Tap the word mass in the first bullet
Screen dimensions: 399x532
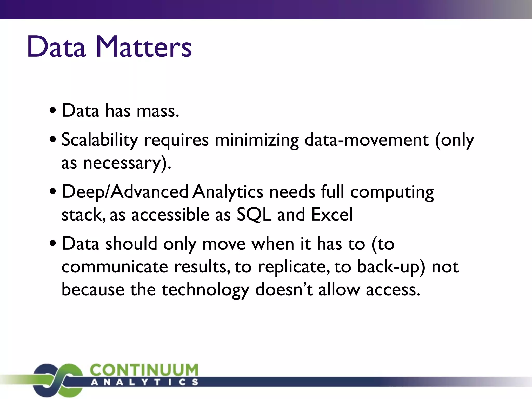tap(157, 111)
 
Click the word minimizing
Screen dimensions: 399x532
tap(257, 140)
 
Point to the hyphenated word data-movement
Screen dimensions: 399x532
tap(367, 140)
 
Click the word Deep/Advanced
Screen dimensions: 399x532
tap(125, 192)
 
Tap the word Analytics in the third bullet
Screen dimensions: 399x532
tap(228, 192)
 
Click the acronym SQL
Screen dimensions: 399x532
tap(254, 215)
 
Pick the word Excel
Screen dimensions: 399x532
tap(332, 215)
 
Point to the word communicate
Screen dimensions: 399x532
tap(115, 267)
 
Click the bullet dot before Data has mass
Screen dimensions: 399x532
tap(53, 111)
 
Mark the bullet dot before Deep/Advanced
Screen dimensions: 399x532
tap(53, 192)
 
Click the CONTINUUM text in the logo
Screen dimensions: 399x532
tap(144, 370)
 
